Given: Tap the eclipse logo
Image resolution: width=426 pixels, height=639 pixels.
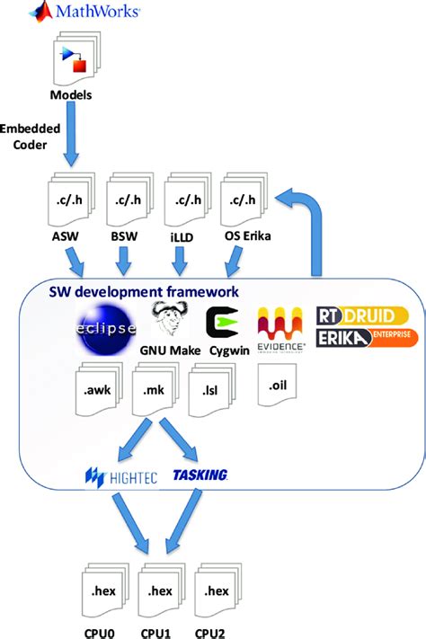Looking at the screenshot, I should point(107,326).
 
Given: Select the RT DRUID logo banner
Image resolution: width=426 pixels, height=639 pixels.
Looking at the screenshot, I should point(363,317).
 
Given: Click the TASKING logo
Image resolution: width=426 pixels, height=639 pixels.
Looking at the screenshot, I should point(200,475).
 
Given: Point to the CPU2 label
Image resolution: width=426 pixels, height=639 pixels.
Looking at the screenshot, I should point(216,631).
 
